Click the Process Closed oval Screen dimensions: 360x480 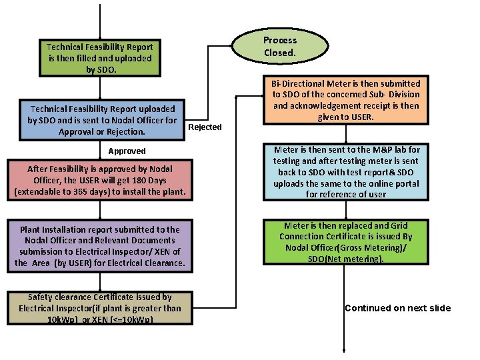point(279,46)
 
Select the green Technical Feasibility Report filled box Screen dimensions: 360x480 point(100,58)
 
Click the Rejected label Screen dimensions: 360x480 point(205,127)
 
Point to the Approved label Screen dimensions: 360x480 point(127,151)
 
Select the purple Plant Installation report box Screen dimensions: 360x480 point(100,246)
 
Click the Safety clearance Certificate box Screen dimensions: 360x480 point(100,308)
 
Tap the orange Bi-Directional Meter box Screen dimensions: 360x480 point(346,101)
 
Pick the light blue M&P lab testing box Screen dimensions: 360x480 point(346,172)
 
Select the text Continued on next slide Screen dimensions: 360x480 point(397,308)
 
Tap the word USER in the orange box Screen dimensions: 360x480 point(359,117)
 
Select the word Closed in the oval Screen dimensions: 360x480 point(279,53)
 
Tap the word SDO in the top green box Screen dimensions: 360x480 point(107,69)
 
